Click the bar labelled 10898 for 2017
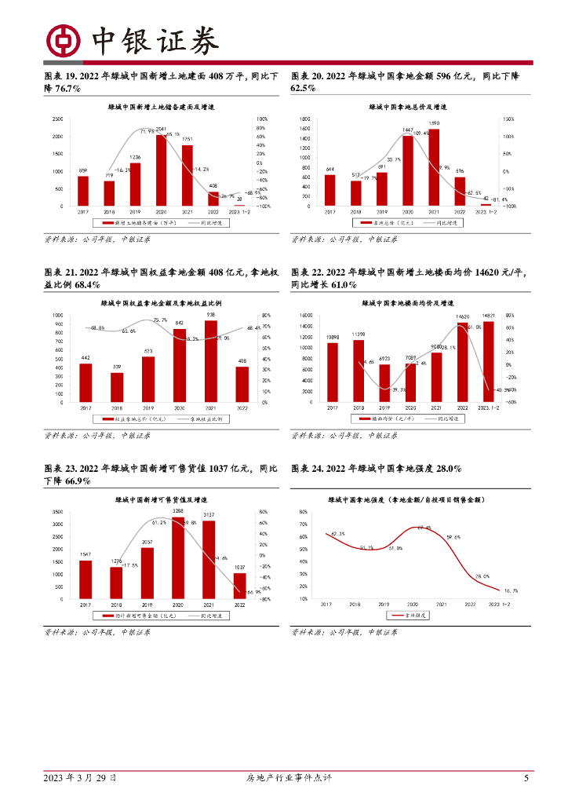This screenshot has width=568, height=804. (333, 372)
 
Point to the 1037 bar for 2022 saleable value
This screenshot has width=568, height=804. (240, 586)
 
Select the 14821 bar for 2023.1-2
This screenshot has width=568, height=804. (489, 361)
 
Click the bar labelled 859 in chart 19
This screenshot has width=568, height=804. (83, 191)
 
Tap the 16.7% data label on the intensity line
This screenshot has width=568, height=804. (510, 590)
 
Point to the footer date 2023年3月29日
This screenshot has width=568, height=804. (80, 778)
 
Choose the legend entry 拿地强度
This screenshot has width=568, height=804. (413, 616)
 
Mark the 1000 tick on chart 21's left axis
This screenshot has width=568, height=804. (58, 316)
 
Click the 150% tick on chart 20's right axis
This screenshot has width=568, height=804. (509, 119)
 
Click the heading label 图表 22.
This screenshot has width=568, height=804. (307, 272)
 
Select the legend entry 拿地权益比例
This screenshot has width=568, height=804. (204, 418)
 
